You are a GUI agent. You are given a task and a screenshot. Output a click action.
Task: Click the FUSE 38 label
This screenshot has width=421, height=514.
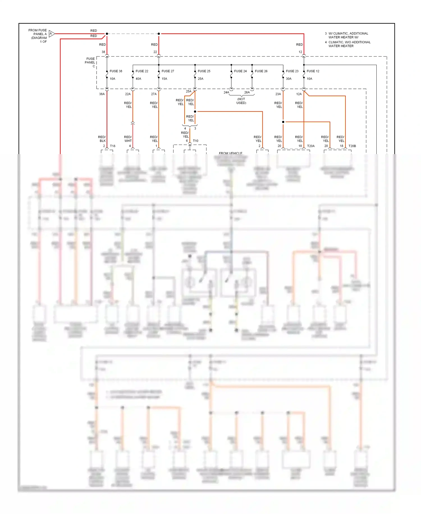(x=116, y=71)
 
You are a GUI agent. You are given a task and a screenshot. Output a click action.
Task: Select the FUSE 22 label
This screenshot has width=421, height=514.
(x=142, y=71)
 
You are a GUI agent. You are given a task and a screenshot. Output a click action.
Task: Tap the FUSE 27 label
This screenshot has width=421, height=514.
(x=168, y=71)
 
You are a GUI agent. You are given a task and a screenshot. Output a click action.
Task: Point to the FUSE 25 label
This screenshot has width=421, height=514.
(x=204, y=71)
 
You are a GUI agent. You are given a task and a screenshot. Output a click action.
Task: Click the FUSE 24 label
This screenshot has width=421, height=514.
(x=240, y=71)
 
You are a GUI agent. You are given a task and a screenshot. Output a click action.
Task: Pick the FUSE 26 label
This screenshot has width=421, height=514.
(x=261, y=71)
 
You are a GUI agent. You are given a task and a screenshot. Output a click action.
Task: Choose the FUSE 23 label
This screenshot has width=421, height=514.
(x=292, y=71)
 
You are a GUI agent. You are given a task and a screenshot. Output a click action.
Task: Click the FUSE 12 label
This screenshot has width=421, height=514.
(x=313, y=71)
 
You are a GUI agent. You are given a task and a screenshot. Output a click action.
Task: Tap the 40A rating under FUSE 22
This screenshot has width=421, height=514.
(x=138, y=79)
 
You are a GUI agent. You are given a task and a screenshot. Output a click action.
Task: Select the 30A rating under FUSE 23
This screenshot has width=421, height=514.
(x=289, y=79)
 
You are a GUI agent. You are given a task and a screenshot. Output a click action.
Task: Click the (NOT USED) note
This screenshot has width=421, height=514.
(x=241, y=101)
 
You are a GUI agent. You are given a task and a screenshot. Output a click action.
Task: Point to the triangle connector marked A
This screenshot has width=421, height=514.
(x=51, y=34)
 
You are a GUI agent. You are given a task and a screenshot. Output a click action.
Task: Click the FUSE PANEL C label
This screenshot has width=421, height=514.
(x=90, y=62)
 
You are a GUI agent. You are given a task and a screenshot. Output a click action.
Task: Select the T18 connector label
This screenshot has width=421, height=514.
(x=113, y=146)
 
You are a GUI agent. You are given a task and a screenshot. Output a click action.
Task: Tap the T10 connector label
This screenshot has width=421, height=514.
(x=196, y=141)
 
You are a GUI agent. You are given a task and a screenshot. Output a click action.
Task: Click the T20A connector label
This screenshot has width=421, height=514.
(x=311, y=146)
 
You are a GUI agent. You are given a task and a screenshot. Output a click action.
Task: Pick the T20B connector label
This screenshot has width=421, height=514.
(x=352, y=146)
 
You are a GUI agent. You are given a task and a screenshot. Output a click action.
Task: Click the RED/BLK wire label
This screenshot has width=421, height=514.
(x=102, y=139)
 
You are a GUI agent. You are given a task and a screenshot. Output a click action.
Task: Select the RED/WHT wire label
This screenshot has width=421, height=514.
(x=128, y=139)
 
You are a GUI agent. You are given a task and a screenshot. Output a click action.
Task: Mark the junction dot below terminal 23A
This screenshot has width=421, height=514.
(x=283, y=122)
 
